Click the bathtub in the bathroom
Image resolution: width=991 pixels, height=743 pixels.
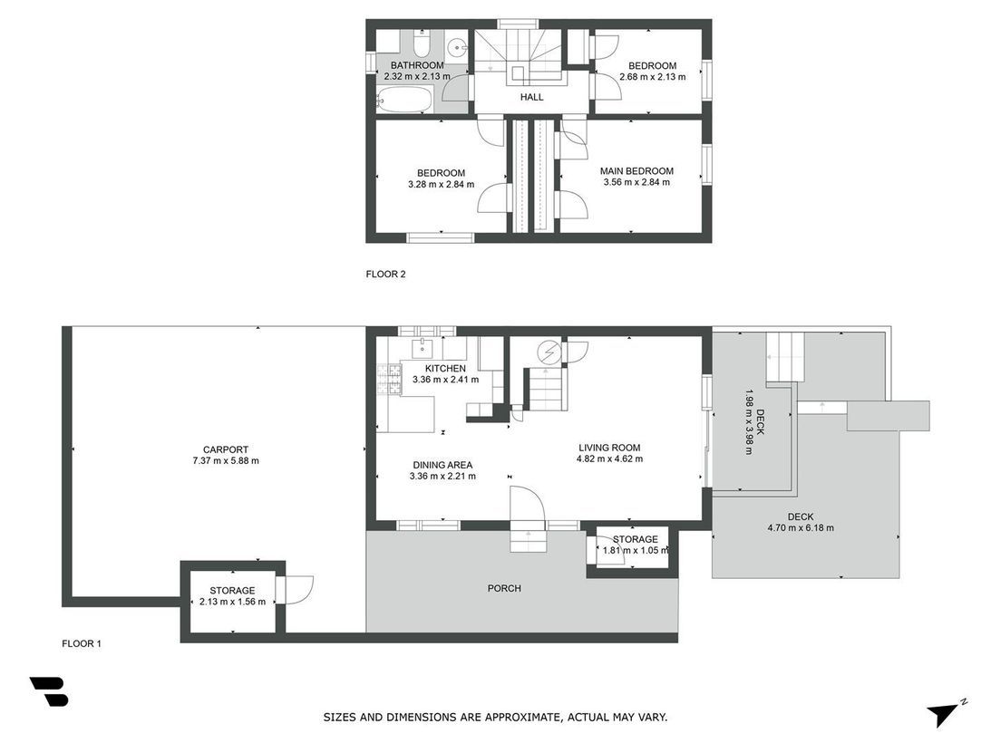403,100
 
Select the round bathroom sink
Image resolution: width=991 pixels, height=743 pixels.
456,47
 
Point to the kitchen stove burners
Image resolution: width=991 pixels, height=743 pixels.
389,381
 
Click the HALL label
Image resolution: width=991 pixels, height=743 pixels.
531,97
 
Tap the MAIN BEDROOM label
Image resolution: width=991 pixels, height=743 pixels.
636,171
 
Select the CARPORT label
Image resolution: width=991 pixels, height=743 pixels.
226,449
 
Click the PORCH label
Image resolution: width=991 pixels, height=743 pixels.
504,588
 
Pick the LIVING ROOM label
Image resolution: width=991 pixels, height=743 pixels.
609,448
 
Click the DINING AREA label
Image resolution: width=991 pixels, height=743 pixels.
442,465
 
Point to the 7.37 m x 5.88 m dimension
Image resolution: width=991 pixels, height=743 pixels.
226,461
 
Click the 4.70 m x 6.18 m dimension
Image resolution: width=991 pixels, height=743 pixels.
800,528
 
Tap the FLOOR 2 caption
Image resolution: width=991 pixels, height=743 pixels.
385,275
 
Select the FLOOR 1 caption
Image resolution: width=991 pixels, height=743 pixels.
81,644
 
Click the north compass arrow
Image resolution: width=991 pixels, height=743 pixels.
943,714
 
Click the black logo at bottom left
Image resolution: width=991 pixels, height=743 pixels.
49,692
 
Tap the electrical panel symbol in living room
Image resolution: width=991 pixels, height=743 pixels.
549,352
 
